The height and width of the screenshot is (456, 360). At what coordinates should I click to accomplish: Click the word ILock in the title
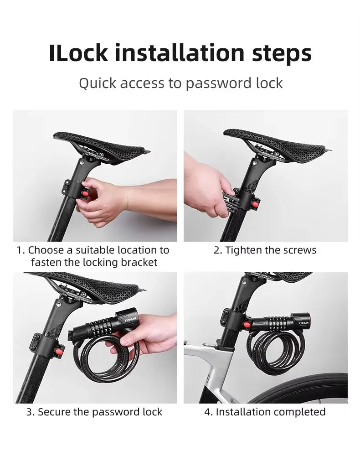78,53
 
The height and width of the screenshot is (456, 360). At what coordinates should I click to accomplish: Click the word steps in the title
282,53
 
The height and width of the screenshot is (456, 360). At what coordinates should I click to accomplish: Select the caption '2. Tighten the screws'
265,250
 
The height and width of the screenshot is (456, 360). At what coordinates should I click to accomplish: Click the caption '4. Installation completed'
265,412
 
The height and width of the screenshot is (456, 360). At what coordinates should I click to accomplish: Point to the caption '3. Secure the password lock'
94,412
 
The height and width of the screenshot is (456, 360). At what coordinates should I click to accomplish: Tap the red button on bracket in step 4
247,325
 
